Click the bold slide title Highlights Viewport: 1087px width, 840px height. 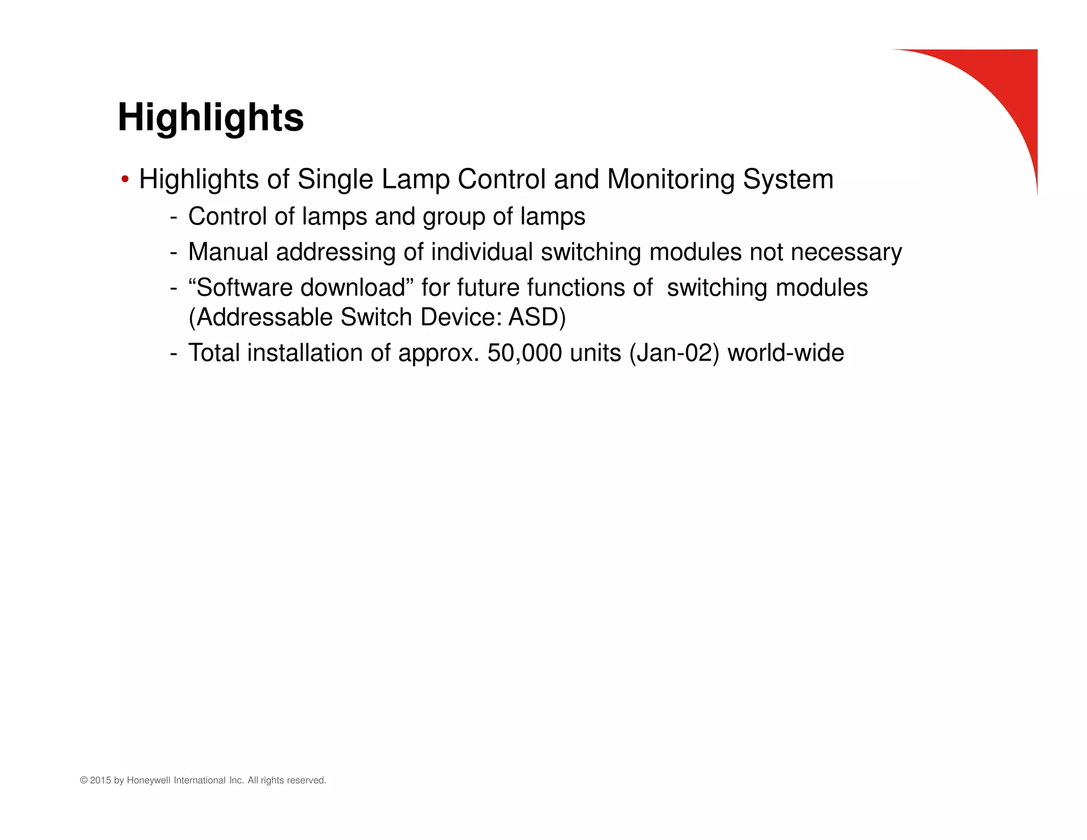[211, 117]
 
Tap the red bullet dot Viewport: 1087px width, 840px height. [125, 179]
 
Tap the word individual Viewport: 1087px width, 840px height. [481, 252]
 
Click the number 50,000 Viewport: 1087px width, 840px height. [524, 353]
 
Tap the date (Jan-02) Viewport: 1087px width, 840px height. [674, 353]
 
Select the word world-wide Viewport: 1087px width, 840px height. [786, 353]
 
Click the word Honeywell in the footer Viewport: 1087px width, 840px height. [149, 781]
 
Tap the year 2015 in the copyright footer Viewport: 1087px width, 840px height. [101, 781]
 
